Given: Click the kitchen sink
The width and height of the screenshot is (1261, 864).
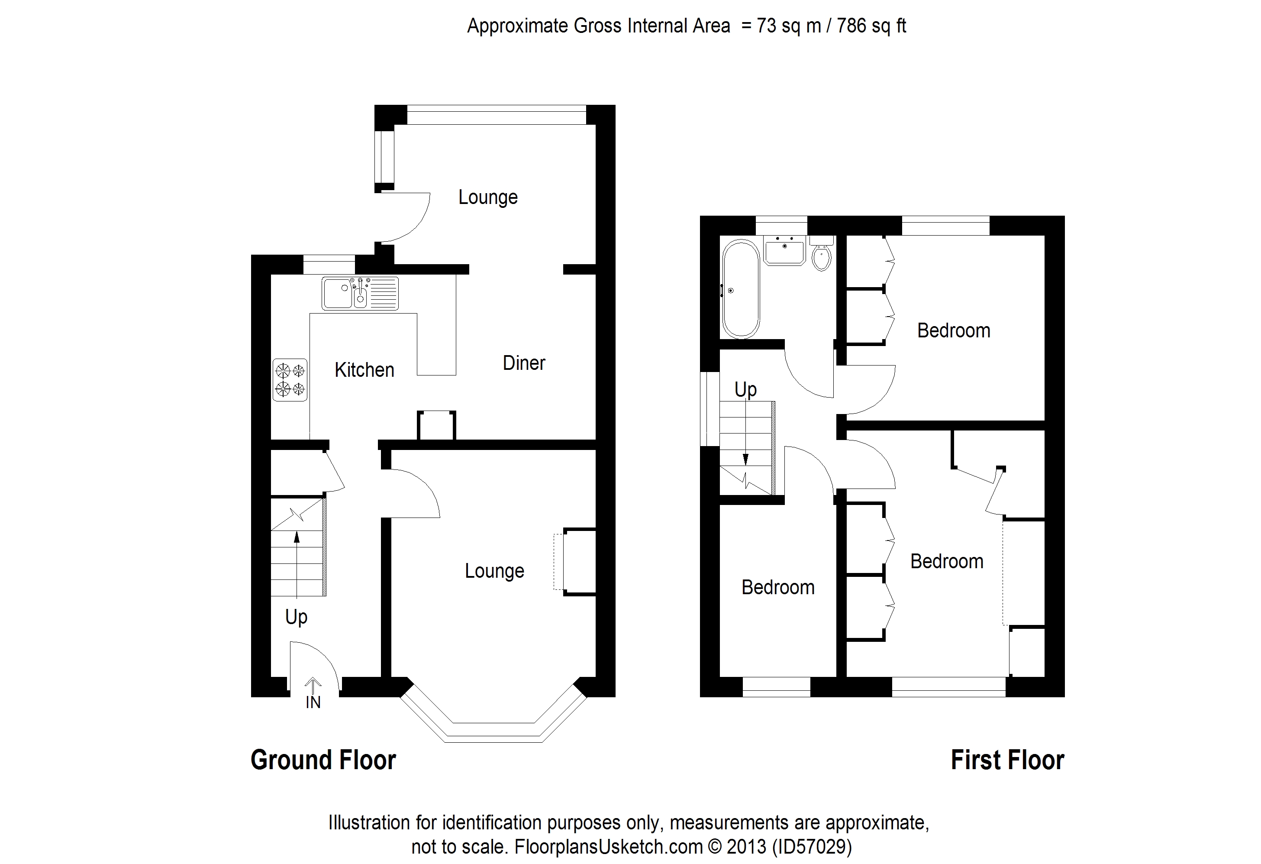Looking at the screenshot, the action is click(x=360, y=294).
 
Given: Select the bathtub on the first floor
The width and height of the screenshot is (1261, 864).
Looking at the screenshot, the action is click(x=741, y=290).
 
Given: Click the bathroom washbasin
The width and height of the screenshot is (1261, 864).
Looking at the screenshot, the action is click(x=784, y=250).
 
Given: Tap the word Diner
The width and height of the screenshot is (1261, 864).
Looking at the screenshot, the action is click(x=524, y=363).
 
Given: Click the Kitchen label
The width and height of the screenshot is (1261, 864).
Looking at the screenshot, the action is click(x=364, y=370).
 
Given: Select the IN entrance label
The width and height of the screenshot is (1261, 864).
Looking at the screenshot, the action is click(x=313, y=702).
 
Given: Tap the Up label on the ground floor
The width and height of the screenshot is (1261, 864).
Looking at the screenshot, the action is click(x=296, y=617).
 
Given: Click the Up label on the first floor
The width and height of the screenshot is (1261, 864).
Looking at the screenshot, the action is click(x=745, y=390).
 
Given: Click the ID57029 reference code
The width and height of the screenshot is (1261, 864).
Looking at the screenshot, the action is click(x=812, y=847).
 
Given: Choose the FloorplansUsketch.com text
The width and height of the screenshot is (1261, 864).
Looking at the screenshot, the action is click(x=608, y=847).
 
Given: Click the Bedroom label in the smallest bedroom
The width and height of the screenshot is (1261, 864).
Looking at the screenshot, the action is click(x=778, y=587).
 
